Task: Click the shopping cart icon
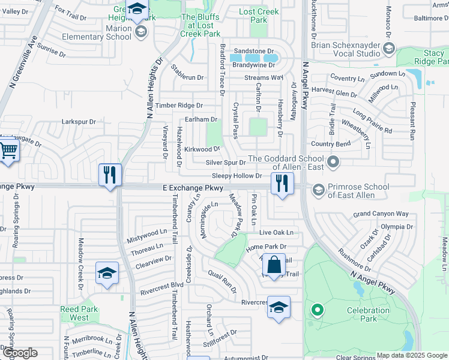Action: pyautogui.click(x=8, y=150)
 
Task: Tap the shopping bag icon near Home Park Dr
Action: pyautogui.click(x=273, y=265)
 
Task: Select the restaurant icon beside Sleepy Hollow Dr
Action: pyautogui.click(x=281, y=182)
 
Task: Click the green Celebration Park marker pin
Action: pyautogui.click(x=317, y=310)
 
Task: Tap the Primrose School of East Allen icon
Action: pyautogui.click(x=318, y=190)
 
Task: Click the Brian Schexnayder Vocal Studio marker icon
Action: pyautogui.click(x=389, y=49)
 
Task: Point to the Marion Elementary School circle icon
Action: pyautogui.click(x=141, y=32)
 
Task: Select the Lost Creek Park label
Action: pyautogui.click(x=259, y=16)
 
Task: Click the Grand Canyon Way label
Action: pyautogui.click(x=381, y=214)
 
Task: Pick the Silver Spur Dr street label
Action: pyautogui.click(x=226, y=163)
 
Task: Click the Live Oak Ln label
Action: pyautogui.click(x=277, y=232)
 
